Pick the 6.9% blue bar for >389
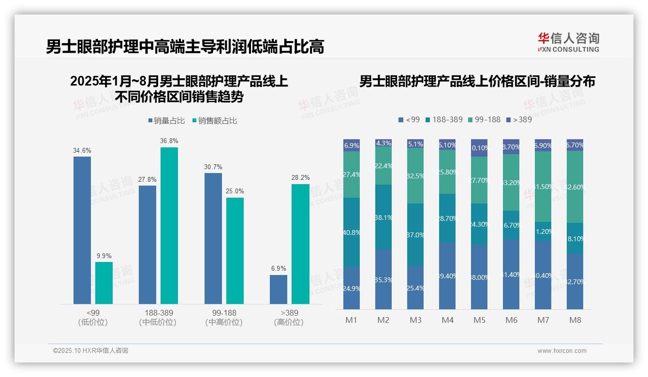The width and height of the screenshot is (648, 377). (x=279, y=290)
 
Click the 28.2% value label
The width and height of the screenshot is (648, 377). (x=300, y=178)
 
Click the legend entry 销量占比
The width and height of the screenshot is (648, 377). (x=166, y=121)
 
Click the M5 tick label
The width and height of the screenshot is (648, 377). (x=479, y=320)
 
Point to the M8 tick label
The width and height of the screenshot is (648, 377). (x=575, y=320)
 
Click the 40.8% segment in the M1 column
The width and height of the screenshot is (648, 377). (x=352, y=232)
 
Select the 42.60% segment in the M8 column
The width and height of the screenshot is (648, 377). (x=575, y=187)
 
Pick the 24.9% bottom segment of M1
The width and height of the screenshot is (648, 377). (x=352, y=288)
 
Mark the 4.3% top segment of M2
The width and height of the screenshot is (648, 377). (x=383, y=143)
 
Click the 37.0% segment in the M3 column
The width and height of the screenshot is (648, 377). (x=415, y=235)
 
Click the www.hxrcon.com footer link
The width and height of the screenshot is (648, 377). (x=562, y=351)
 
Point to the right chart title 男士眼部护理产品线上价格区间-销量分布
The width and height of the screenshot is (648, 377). (x=477, y=81)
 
